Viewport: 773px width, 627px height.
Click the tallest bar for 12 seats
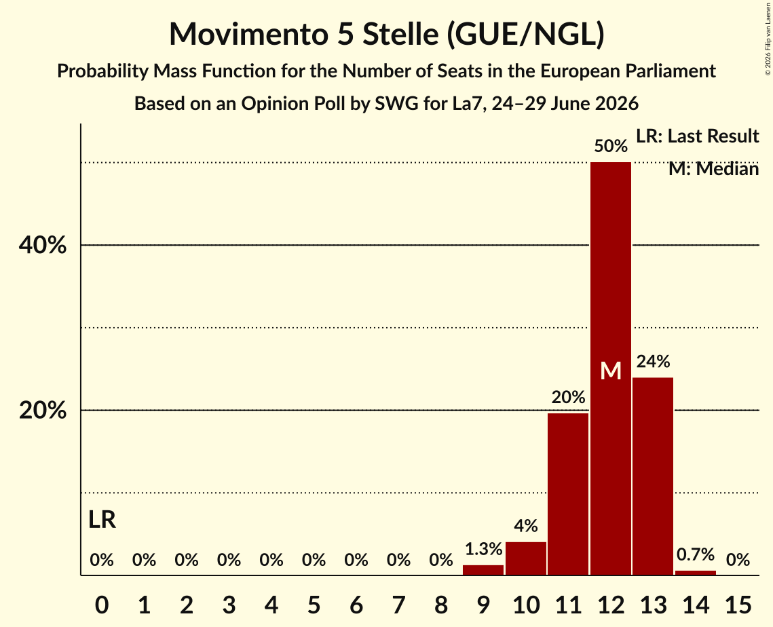(x=611, y=368)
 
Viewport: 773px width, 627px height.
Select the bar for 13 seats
(x=653, y=476)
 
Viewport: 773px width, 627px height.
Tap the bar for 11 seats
(x=569, y=494)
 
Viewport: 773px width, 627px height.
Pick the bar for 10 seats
(x=526, y=558)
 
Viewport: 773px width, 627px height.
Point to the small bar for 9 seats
(x=483, y=570)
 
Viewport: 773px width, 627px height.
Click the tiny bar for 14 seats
(x=696, y=573)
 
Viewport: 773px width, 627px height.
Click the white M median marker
(x=611, y=370)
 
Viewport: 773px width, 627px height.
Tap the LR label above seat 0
(x=102, y=520)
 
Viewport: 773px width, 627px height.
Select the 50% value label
(x=611, y=146)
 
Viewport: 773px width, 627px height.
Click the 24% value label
(x=653, y=362)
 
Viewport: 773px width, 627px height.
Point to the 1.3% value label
(x=484, y=548)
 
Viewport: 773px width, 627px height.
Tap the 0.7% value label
(x=696, y=554)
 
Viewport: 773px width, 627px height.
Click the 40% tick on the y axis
(x=43, y=245)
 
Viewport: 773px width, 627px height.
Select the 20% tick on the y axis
(x=43, y=410)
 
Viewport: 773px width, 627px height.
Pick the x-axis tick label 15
(x=738, y=605)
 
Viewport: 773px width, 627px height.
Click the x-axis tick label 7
(x=399, y=605)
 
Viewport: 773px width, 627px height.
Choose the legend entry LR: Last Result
(x=698, y=136)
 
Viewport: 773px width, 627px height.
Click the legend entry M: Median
(x=714, y=169)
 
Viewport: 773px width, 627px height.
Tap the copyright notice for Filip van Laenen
(x=768, y=39)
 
